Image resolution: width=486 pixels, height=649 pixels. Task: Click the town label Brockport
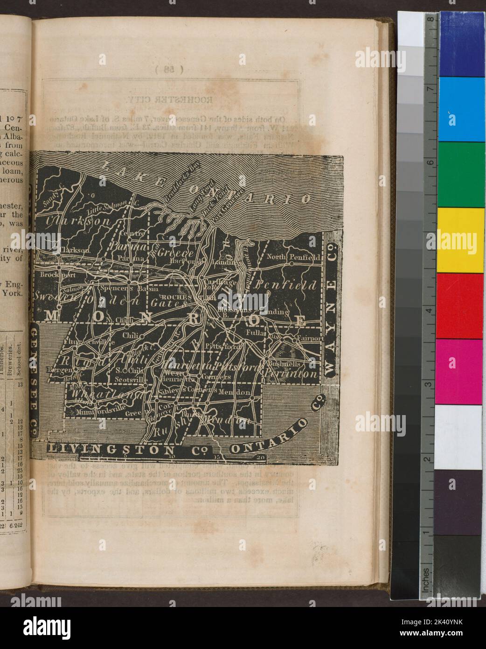pos(52,275)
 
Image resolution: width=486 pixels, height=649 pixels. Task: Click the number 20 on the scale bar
pos(260,457)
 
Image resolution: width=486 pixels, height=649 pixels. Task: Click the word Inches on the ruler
pos(426,579)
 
